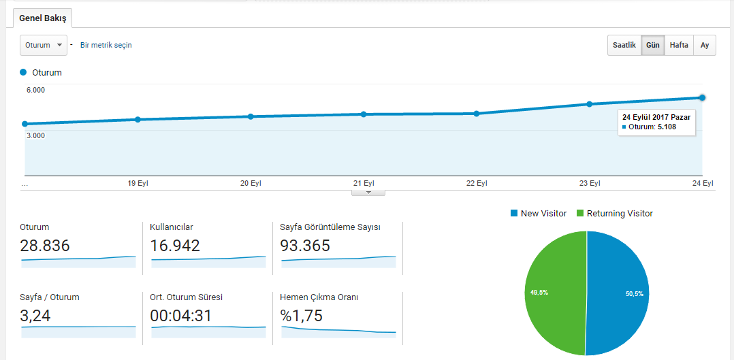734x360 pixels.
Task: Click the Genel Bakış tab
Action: tap(43, 19)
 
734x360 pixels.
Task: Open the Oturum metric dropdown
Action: tap(44, 46)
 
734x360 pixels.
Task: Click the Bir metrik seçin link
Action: tap(106, 46)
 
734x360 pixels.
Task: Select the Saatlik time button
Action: tap(624, 46)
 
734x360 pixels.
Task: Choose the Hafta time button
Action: tap(679, 46)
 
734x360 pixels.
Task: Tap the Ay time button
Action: tap(705, 46)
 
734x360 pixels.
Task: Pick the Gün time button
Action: tap(652, 46)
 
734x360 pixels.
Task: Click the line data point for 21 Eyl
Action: tap(364, 114)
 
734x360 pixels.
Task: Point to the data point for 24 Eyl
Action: tap(702, 97)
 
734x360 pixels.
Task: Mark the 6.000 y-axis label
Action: tap(35, 91)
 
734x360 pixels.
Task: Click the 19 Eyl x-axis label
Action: tap(138, 184)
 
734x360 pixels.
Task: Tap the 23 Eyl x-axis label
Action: tap(590, 184)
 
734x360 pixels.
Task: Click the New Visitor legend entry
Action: tap(539, 214)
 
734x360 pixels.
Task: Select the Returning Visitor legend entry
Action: tap(615, 214)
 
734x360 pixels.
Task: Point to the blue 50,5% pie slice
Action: tap(618, 293)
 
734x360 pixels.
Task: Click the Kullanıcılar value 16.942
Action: tap(175, 245)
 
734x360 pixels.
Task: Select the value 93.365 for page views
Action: tap(305, 245)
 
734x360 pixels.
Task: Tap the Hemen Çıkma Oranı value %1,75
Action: tap(302, 316)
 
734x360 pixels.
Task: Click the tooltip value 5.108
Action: tap(667, 127)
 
